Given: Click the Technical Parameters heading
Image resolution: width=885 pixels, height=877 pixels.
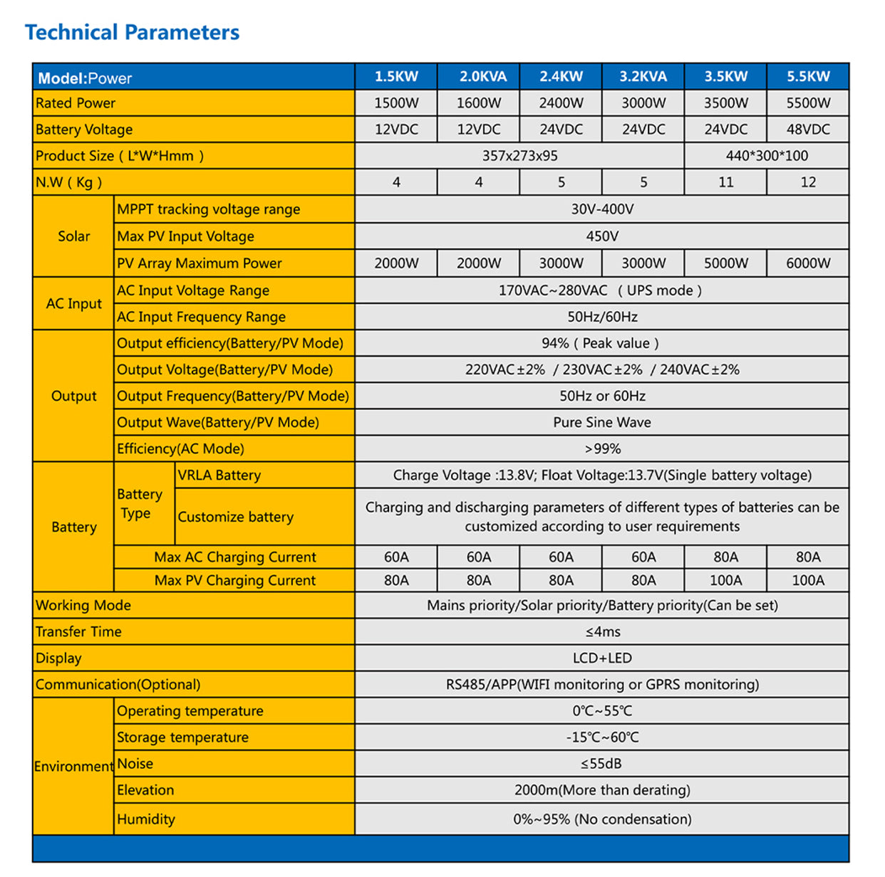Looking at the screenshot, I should click(x=132, y=32).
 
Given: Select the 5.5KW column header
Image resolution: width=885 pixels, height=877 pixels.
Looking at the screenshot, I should click(x=808, y=76).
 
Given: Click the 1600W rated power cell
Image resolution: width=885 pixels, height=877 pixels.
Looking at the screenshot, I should click(x=479, y=103).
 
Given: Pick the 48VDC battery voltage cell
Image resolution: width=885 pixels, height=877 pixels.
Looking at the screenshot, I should click(x=808, y=129).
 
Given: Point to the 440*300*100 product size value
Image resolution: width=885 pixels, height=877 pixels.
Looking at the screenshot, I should click(x=767, y=155).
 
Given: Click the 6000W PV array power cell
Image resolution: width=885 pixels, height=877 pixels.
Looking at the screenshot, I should click(x=808, y=263).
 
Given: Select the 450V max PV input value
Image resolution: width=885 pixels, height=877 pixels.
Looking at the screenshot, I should click(x=602, y=236).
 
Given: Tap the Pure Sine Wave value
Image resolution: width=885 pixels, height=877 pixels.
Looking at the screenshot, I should click(x=602, y=422).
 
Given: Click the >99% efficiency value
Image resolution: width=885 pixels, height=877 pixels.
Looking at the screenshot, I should click(x=602, y=448).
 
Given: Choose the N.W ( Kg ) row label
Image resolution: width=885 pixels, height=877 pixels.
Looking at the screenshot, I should click(x=69, y=182).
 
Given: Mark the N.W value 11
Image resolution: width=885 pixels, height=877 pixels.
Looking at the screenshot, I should click(x=725, y=182).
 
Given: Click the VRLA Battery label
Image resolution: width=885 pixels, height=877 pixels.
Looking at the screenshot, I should click(x=219, y=475).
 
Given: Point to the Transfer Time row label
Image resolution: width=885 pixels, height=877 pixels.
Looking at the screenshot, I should click(x=78, y=631).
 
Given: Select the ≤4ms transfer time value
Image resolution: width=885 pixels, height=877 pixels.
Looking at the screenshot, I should click(x=602, y=631).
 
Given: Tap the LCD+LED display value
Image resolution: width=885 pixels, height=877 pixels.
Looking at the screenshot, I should click(x=602, y=658).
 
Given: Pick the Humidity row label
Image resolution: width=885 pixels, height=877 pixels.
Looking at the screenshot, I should click(x=146, y=819).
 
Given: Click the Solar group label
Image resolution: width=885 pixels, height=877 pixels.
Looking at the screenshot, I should click(x=74, y=236).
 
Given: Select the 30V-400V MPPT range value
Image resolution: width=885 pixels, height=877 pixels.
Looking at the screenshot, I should click(x=602, y=209).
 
